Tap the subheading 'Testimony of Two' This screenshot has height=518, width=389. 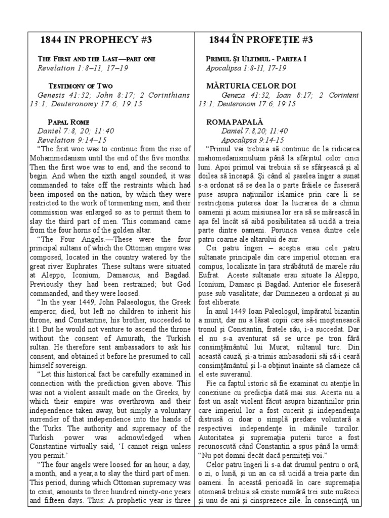[x=80, y=85]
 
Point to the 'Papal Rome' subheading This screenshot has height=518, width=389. [x=68, y=122]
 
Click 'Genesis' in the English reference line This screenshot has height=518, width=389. [x=52, y=95]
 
